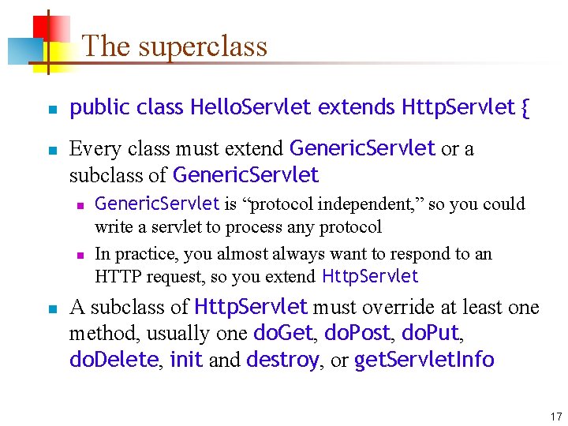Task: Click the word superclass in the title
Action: pyautogui.click(x=203, y=47)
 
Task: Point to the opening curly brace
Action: pyautogui.click(x=525, y=107)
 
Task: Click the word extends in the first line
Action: pyautogui.click(x=357, y=107)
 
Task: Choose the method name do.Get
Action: pyautogui.click(x=282, y=334)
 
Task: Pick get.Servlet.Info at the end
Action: pyautogui.click(x=424, y=361)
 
